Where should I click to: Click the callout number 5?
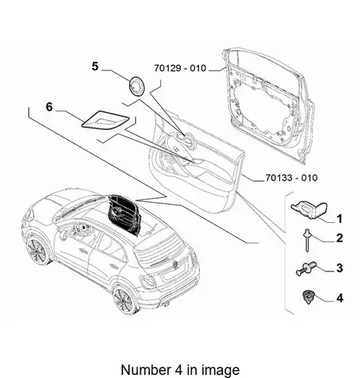[95, 67]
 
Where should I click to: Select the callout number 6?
[49, 107]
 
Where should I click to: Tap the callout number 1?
[340, 218]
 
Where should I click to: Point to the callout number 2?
[340, 238]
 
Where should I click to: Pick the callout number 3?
[340, 268]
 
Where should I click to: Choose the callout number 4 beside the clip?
[340, 298]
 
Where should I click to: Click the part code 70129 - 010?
[180, 68]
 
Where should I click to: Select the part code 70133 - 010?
[291, 178]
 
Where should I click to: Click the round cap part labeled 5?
[137, 86]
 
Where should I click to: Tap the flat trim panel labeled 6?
[105, 119]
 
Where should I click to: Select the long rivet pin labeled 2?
[307, 240]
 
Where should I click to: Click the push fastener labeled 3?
[306, 268]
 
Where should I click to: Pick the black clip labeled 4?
[308, 296]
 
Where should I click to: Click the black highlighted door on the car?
[123, 215]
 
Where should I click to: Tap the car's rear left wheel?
[124, 301]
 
